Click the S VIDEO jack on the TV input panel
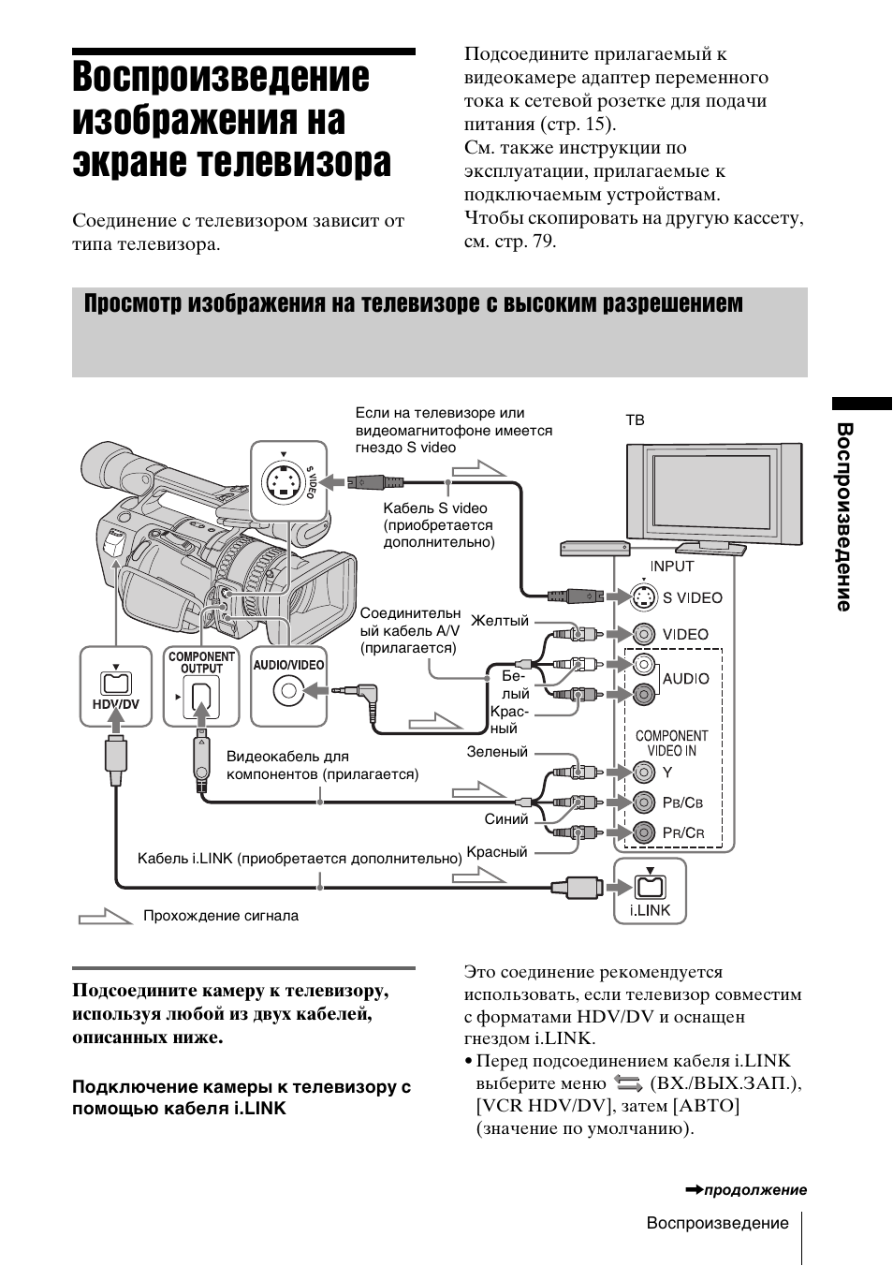643,596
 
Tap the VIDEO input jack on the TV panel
643,634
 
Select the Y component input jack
643,773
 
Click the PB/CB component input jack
643,802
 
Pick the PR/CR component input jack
643,832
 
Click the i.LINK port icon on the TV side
649,885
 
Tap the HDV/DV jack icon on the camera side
115,684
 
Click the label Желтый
500,621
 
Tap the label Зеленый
497,752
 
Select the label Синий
506,819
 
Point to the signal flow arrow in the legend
105,917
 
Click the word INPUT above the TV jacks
672,566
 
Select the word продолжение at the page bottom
754,1190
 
